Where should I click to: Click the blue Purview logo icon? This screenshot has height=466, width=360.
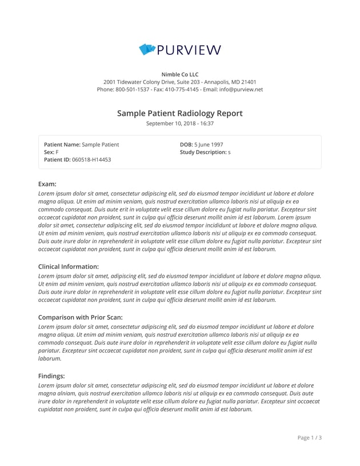(147, 50)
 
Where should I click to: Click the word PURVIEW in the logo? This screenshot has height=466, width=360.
(189, 50)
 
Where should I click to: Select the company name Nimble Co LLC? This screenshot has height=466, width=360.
(180, 74)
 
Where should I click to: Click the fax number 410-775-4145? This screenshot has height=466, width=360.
(182, 89)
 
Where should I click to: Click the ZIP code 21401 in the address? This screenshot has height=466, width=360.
(249, 82)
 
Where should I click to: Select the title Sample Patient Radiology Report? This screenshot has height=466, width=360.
(180, 113)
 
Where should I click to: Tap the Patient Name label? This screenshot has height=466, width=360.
(62, 145)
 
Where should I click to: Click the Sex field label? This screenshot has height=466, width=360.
(49, 153)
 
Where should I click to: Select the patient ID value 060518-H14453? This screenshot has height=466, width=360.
(91, 160)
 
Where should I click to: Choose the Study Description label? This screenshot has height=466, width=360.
(203, 153)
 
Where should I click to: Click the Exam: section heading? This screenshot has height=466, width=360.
(47, 184)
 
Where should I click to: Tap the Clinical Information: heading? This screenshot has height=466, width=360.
(69, 266)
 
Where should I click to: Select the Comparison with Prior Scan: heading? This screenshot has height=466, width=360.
(81, 317)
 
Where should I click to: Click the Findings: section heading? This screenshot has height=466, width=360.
(51, 376)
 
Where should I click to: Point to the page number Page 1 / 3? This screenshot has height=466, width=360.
(310, 438)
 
